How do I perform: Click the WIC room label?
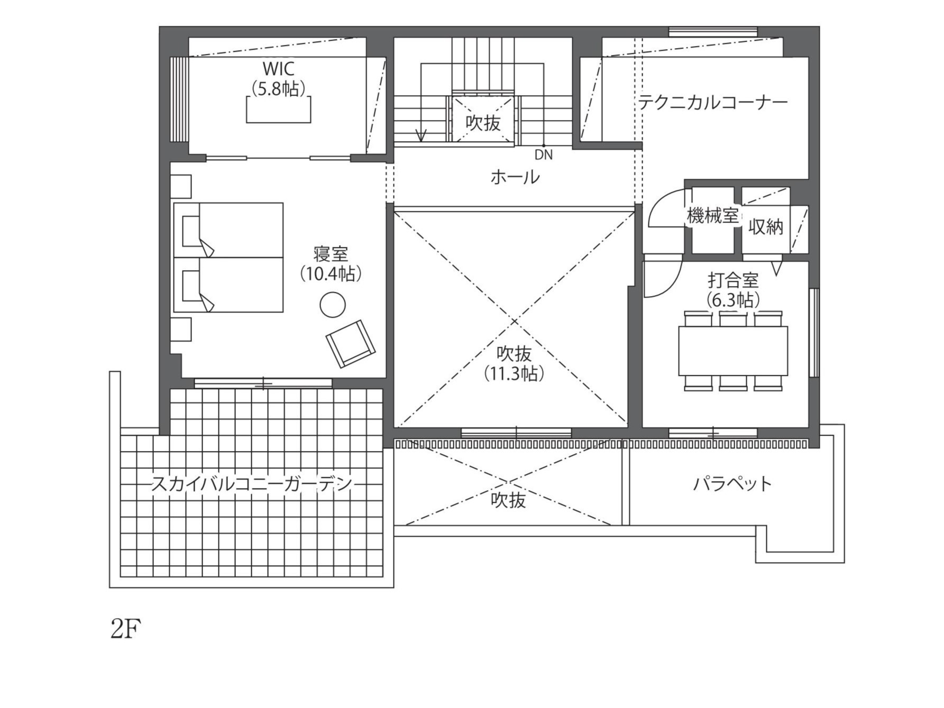[278, 69]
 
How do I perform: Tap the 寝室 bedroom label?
[331, 254]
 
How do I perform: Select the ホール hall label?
[515, 177]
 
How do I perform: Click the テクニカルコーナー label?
[712, 102]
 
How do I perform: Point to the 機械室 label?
[712, 216]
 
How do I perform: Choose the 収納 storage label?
[765, 227]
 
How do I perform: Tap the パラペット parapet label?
[732, 483]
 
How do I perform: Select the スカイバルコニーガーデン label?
[252, 483]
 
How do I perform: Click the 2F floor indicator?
[126, 629]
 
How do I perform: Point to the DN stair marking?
[544, 155]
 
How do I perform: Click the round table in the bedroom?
[333, 305]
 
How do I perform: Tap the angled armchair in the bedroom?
[351, 343]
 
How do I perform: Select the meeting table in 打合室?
[733, 351]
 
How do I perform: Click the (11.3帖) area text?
[514, 374]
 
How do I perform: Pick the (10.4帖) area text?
[331, 273]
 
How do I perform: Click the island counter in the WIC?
[278, 109]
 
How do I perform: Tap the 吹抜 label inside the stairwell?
[483, 123]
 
